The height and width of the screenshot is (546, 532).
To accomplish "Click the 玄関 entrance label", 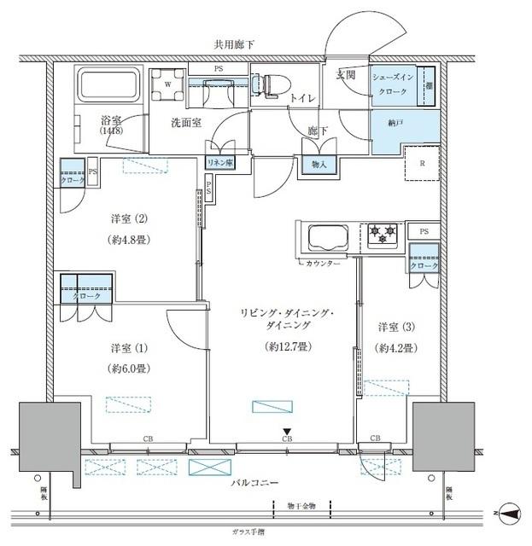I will click(x=345, y=76).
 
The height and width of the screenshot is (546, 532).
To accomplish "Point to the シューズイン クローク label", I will click(x=394, y=84).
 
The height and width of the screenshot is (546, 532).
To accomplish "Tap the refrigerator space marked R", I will click(x=422, y=164).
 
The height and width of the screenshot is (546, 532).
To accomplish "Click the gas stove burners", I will click(x=382, y=232).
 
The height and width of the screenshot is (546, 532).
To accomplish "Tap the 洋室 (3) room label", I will click(x=396, y=327).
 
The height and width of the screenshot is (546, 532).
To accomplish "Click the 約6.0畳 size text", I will click(x=131, y=369).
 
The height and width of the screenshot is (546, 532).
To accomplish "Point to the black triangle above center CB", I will click(x=287, y=431).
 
